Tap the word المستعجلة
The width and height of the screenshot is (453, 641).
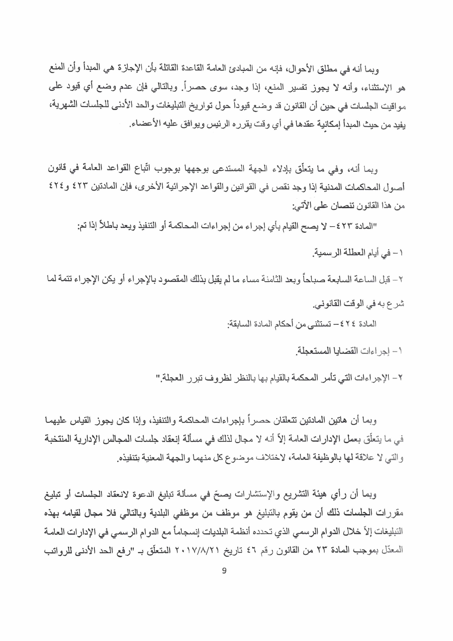click(x=310, y=351)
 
